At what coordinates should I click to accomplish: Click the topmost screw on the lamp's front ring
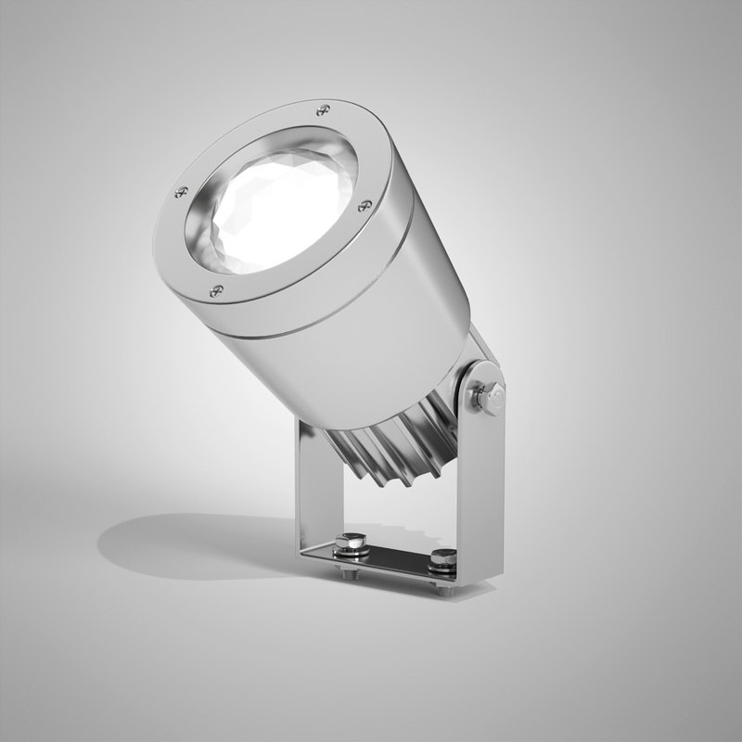point(322,110)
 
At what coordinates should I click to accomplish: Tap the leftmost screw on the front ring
point(181,192)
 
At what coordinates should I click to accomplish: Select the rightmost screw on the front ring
point(365,205)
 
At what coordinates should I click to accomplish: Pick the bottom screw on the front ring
point(216,289)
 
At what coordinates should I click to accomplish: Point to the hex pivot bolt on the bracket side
point(489,397)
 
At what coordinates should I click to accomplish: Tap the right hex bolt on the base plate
point(443,558)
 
